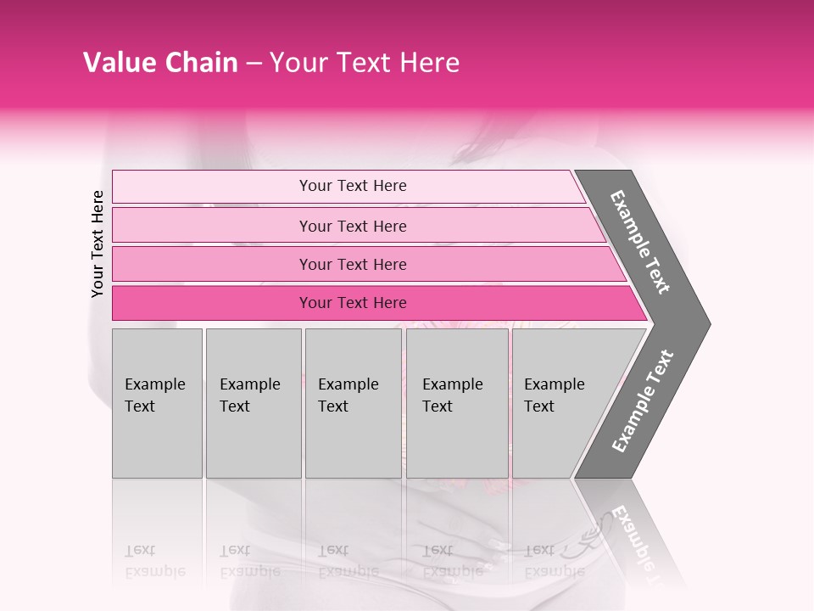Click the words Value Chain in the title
pos(160,63)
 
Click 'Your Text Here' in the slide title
pos(365,63)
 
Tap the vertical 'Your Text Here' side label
pos(98,244)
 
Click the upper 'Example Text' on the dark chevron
pos(640,242)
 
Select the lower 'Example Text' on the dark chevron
pos(643,401)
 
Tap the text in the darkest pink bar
pos(353,303)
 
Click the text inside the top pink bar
pos(353,186)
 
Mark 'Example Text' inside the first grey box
pos(154,395)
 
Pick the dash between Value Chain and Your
pos(254,64)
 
